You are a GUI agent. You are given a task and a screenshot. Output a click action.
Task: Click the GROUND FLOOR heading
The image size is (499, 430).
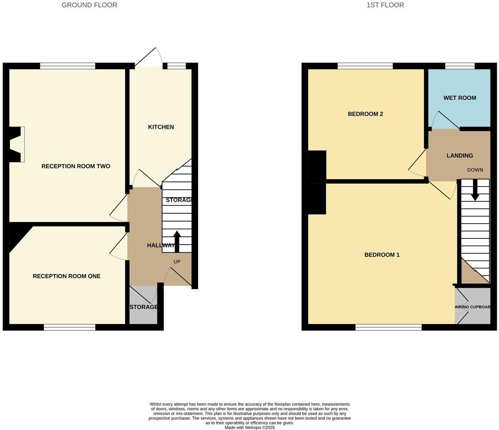point(89,5)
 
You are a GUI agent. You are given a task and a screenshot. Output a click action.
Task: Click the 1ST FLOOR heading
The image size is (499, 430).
point(385,5)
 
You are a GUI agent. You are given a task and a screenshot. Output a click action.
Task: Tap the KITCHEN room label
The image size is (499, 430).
point(161,127)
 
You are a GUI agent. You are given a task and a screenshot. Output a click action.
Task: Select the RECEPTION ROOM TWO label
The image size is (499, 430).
point(76,166)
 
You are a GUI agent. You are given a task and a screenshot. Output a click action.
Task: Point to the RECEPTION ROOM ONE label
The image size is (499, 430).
point(66,276)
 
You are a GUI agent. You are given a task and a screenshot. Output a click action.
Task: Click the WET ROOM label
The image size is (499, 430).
point(460,98)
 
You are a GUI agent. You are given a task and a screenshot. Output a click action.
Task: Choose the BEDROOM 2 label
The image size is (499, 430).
point(365,114)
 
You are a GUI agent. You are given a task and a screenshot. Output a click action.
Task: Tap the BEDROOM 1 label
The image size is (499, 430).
point(382,255)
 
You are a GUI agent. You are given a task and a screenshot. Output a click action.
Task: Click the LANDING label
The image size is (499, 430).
point(460,156)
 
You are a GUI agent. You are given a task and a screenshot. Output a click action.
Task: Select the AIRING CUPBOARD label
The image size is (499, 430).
point(473,307)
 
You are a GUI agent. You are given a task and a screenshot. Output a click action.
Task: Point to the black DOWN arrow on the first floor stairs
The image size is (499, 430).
point(475,190)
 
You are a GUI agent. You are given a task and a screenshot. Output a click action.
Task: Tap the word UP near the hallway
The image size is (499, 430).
point(177,262)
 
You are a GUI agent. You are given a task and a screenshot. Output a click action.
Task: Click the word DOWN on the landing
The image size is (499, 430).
point(475,170)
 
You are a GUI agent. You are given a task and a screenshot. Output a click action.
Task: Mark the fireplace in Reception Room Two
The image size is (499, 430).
point(16,144)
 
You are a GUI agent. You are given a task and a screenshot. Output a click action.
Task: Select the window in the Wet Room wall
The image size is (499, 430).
point(460,66)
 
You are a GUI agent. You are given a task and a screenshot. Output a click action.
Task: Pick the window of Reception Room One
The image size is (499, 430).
point(69,327)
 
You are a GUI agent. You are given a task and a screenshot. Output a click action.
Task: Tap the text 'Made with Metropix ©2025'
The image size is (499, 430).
point(249,428)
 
